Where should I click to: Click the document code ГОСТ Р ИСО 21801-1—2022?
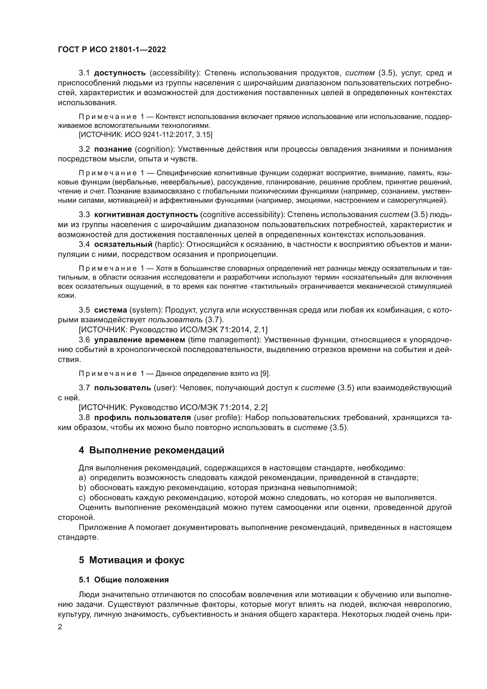pos(112,50)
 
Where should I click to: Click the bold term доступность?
pos(120,73)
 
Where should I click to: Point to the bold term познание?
pos(113,149)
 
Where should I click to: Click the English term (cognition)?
pos(153,149)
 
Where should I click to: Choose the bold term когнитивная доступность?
pos(146,214)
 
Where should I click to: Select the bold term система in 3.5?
pos(111,310)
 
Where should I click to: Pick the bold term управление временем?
pos(140,340)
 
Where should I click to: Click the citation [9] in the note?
pos(265,374)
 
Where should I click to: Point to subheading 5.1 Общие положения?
pos(124,580)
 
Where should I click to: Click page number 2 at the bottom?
pos(60,627)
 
